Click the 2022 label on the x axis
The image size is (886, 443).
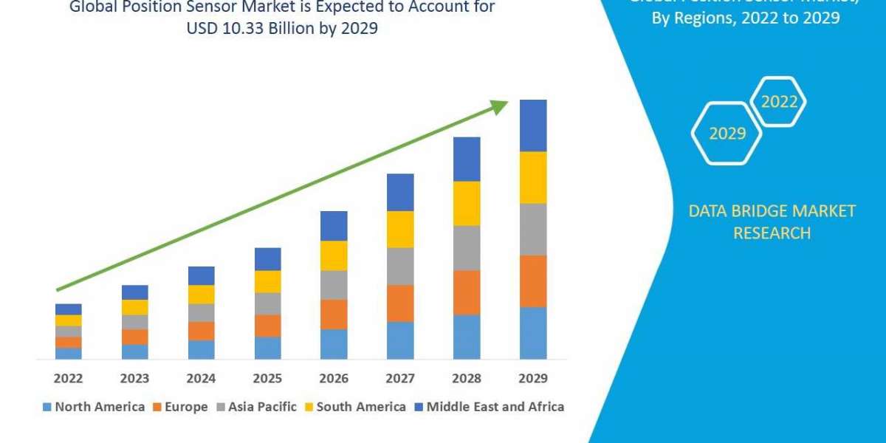[x=68, y=378]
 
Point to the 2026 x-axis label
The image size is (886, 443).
[x=334, y=378]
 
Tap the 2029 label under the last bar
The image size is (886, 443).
[x=533, y=378]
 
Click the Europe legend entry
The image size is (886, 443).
[x=181, y=407]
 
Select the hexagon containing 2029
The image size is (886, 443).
[x=727, y=133]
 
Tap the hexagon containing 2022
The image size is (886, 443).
[x=778, y=102]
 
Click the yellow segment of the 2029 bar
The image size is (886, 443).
[x=533, y=177]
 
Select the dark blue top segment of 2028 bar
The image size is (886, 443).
[x=467, y=159]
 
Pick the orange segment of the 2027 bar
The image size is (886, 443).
[x=400, y=303]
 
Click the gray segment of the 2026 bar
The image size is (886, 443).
[x=334, y=284]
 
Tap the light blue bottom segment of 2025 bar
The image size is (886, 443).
[x=267, y=348]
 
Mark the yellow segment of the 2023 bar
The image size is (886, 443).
[x=134, y=307]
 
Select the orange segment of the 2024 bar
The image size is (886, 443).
[x=201, y=331]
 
